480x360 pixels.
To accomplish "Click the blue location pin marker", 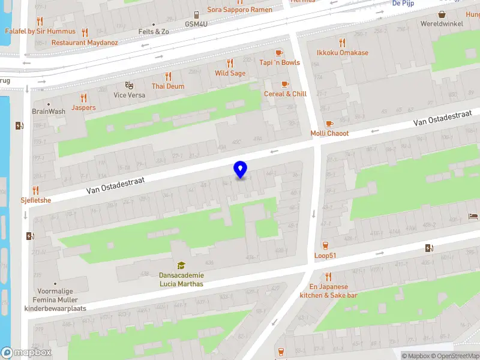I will click(241, 169).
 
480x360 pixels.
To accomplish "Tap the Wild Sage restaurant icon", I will click(230, 63).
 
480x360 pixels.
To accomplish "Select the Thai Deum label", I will click(168, 86).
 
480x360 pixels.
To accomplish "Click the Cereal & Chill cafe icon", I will click(285, 84).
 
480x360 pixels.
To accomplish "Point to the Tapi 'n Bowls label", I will click(280, 62).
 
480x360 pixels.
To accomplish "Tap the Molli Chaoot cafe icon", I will click(329, 124).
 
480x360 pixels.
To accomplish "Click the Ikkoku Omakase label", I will click(343, 53).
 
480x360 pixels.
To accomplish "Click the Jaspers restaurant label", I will click(83, 108).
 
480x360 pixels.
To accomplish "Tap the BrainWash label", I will click(49, 112).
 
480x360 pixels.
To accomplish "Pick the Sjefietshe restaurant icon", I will click(35, 190).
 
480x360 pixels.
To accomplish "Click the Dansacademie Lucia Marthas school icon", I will click(181, 265).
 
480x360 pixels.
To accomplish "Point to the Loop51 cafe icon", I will click(325, 245).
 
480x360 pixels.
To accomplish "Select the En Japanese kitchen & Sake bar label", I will click(329, 291).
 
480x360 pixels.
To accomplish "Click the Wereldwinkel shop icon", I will click(442, 14).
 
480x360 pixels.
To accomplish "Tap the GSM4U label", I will click(196, 24).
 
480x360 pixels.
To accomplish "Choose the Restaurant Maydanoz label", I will click(85, 43).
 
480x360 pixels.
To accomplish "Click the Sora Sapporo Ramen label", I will click(239, 9).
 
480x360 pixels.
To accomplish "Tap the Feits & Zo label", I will click(154, 31).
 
